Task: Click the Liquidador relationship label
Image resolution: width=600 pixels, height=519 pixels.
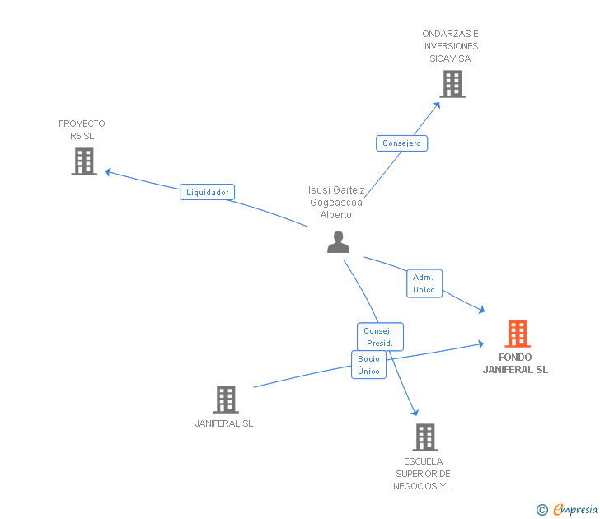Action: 207,192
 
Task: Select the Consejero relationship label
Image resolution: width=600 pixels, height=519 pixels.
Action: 402,143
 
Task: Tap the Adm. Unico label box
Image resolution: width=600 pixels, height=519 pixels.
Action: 424,283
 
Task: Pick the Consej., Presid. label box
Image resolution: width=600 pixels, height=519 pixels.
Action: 380,337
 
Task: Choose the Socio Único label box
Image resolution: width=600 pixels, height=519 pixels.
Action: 368,365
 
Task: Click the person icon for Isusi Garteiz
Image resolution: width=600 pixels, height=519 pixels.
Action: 338,241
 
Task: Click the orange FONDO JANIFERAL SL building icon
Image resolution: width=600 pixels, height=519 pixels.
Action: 518,334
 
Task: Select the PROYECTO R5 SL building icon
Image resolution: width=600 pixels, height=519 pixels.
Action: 84,161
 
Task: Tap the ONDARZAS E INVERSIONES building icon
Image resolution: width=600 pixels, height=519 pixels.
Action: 452,84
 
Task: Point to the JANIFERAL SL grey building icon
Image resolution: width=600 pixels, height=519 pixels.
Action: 226,400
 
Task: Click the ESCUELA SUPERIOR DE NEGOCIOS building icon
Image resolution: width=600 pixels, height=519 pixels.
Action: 425,437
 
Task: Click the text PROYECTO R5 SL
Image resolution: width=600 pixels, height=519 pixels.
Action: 82,129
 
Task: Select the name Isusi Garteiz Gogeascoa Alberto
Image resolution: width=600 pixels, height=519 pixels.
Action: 336,203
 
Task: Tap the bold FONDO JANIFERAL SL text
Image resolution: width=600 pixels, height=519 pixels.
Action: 515,363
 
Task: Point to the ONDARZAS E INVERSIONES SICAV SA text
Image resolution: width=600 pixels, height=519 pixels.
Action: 450,46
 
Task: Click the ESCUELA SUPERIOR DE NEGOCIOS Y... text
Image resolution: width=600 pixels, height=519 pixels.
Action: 424,474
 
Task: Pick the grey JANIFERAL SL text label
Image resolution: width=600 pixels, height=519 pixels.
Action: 224,423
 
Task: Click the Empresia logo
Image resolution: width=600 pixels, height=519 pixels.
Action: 567,509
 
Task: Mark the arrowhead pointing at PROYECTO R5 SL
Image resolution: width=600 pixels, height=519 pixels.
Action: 108,172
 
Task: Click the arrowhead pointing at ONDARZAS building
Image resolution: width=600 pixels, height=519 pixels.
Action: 437,105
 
